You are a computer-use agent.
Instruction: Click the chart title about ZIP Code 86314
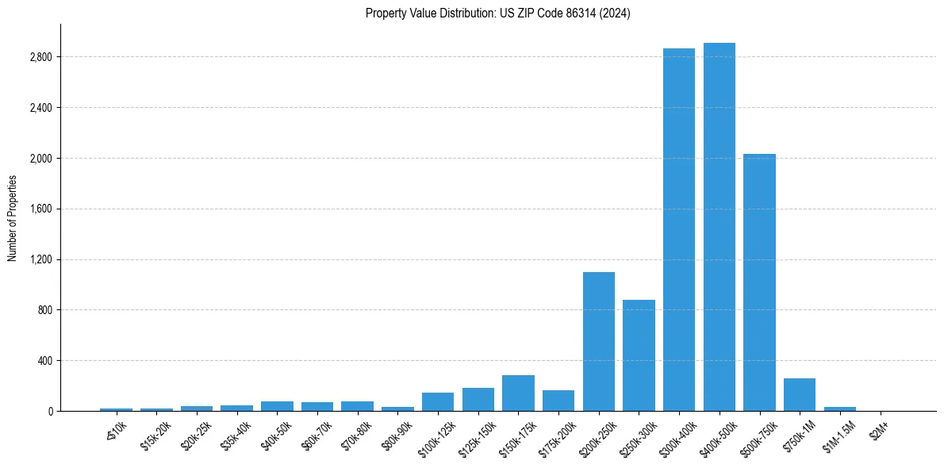pos(497,13)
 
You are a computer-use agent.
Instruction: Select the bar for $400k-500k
pos(720,227)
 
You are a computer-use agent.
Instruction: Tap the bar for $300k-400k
pos(679,230)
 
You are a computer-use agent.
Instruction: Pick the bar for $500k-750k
pos(759,282)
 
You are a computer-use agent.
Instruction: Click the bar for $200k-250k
pos(599,341)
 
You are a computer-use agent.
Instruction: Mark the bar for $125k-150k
pos(478,399)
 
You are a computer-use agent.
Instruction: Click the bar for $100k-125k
pos(438,401)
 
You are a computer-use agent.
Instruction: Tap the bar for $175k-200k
pos(558,401)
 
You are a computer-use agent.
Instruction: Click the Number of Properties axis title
pos(13,217)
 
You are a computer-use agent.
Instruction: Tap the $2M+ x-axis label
pos(878,430)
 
